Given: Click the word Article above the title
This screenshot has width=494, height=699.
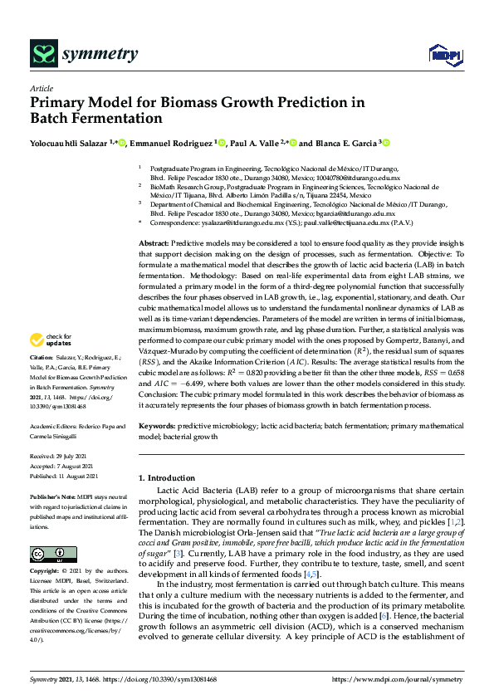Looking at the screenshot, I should [42, 88].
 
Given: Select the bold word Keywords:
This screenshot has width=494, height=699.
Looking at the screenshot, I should [158, 425].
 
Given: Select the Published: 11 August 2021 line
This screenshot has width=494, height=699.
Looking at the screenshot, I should [64, 476].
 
